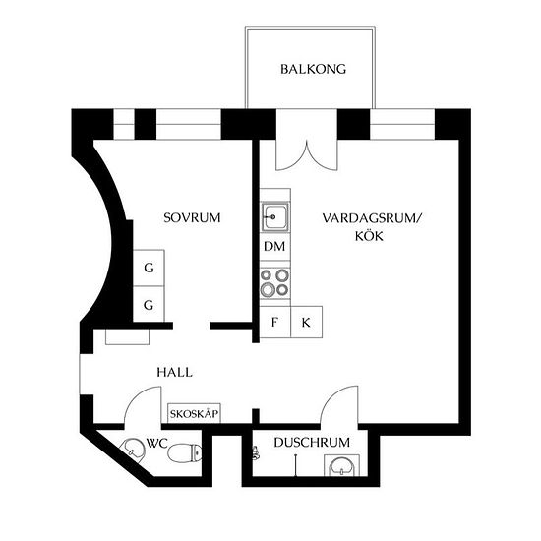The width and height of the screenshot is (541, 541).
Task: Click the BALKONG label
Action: (x=313, y=69)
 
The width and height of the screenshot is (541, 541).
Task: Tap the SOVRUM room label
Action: (x=192, y=218)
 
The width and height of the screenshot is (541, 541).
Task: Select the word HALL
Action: (x=174, y=372)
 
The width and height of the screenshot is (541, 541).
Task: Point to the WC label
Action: (x=157, y=443)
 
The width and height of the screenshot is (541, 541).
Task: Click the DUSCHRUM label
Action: (x=312, y=443)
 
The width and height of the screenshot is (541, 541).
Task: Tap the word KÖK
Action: (x=369, y=236)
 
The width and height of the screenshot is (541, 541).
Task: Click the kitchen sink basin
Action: (x=275, y=217)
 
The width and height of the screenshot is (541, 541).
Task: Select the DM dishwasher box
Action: (x=275, y=246)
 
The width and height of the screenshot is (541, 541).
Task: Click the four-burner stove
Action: (x=275, y=283)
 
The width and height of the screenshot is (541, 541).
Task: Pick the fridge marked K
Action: (x=306, y=322)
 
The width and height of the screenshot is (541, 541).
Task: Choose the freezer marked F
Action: (x=275, y=322)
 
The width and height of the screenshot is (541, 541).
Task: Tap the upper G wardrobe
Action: (x=149, y=268)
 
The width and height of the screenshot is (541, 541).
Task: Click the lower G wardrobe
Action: (x=149, y=304)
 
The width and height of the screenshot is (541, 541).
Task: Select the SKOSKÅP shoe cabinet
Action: (x=194, y=413)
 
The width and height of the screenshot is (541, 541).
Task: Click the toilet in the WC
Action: (x=185, y=453)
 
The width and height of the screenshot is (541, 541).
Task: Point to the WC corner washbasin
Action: (x=134, y=450)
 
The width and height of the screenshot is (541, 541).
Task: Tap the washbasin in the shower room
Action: (x=341, y=466)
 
